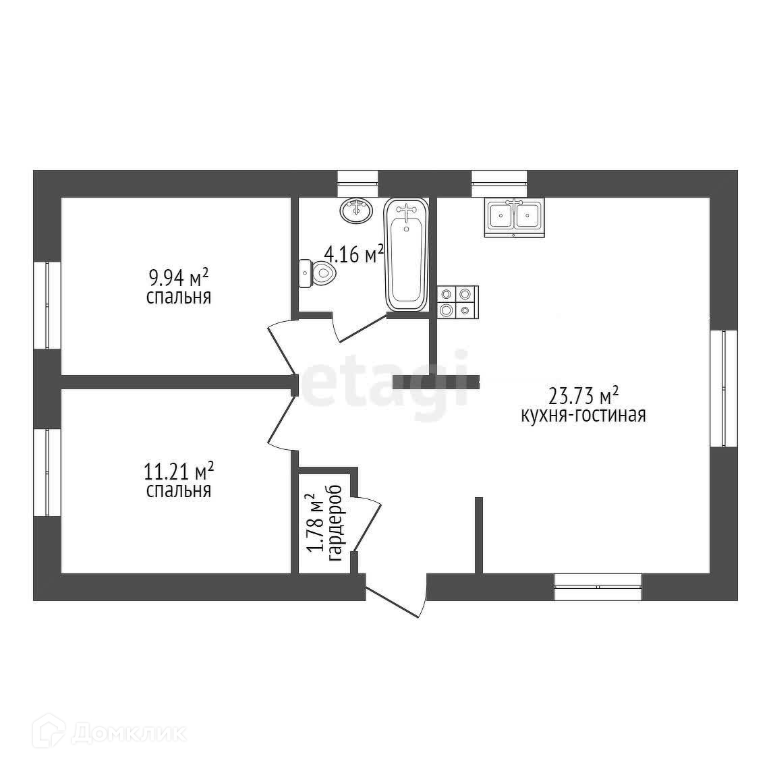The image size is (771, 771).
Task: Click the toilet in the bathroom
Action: click(x=316, y=273)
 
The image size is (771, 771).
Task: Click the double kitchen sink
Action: click(x=513, y=217)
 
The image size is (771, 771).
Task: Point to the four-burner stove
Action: click(x=457, y=302)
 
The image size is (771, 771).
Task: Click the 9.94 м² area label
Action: click(x=178, y=277)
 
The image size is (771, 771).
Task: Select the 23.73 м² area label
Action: click(x=583, y=394)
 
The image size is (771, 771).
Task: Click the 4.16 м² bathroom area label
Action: click(x=353, y=254)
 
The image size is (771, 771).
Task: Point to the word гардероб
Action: click(x=335, y=523)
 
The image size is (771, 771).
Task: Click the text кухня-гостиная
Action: click(x=583, y=415)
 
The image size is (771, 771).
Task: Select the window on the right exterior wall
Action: click(x=723, y=388)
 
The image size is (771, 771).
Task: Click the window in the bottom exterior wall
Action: click(x=598, y=587)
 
